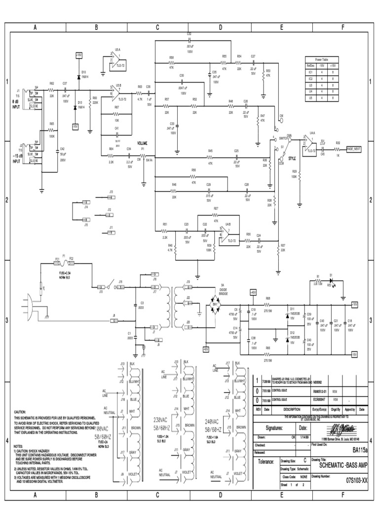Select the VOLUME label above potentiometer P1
tap(143, 143)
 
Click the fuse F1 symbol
tap(64, 262)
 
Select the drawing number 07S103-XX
tap(356, 479)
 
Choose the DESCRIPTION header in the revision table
tap(291, 409)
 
